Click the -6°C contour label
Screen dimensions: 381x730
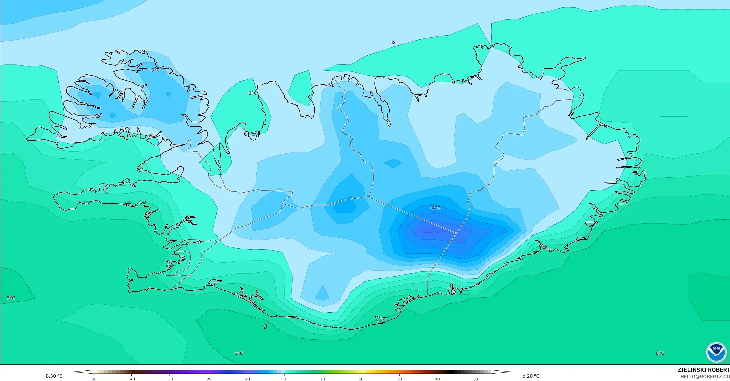[x=435, y=208]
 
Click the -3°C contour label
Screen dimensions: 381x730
[x=154, y=70]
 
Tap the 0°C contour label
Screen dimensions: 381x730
[x=253, y=93]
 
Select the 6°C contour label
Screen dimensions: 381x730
[x=660, y=353]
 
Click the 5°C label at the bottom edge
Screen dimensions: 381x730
[x=239, y=353]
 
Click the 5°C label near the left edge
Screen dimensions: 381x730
[x=11, y=298]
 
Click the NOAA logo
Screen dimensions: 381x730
[x=716, y=352]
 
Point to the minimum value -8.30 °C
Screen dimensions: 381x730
[x=53, y=376]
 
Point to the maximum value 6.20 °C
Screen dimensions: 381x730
[x=531, y=376]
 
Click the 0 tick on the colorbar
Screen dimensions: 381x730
[x=285, y=379]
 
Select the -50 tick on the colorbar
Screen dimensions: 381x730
[x=93, y=379]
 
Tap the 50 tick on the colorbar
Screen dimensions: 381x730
[x=476, y=379]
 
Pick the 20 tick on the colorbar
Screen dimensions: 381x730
[x=361, y=379]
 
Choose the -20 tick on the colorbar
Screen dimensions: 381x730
[x=208, y=379]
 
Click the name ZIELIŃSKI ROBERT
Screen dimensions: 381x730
[x=704, y=370]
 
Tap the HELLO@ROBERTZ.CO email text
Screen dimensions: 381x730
[x=705, y=377]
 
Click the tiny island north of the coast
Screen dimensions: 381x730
[x=393, y=42]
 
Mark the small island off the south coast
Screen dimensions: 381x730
[x=265, y=327]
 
